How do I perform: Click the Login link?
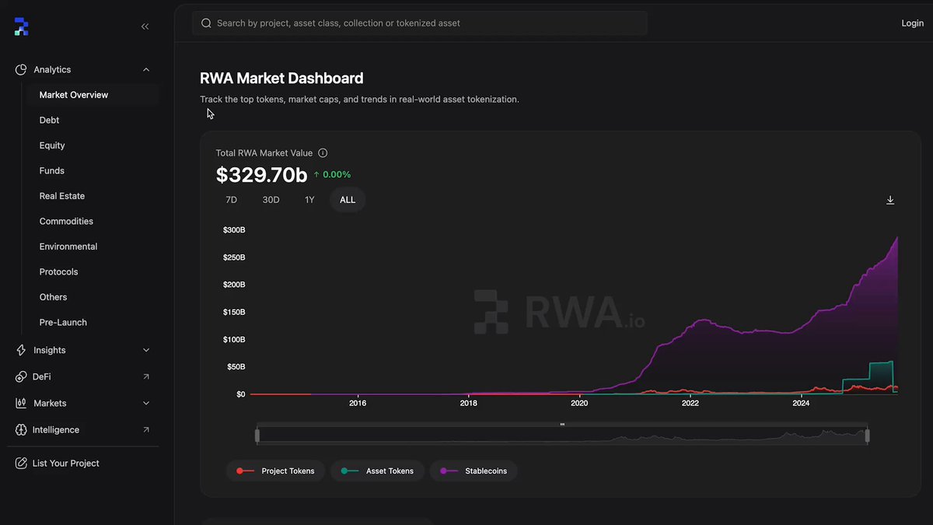tap(912, 23)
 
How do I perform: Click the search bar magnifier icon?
tap(206, 23)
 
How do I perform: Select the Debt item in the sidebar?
tap(49, 120)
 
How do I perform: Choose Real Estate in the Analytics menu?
tap(62, 196)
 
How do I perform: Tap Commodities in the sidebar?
tap(66, 221)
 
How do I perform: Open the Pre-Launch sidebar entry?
tap(63, 322)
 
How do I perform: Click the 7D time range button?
tap(231, 200)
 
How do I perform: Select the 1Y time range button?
tap(309, 200)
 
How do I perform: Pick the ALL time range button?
tap(348, 200)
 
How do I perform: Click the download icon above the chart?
tap(890, 200)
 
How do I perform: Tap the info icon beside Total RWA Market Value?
tap(323, 153)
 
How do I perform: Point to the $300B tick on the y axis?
tap(234, 230)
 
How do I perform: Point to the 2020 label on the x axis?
tap(579, 403)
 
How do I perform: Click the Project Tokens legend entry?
tap(276, 471)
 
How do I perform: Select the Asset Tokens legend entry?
tap(378, 471)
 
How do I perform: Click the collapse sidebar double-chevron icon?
tap(145, 26)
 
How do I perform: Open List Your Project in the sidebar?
tap(65, 463)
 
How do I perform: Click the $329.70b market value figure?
tap(261, 175)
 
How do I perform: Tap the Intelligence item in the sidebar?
tap(55, 429)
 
